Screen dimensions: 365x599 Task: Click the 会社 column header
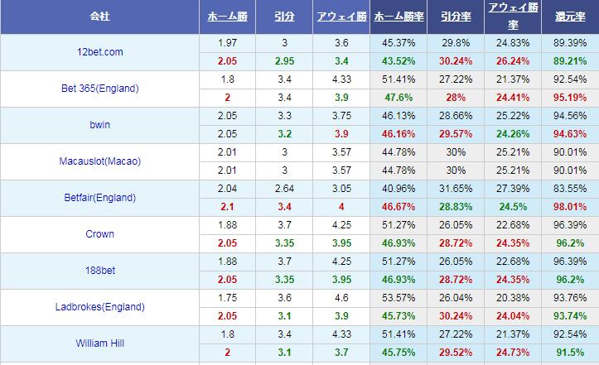click(x=99, y=17)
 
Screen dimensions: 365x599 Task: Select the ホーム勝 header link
click(x=227, y=17)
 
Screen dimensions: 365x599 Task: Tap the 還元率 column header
click(x=570, y=17)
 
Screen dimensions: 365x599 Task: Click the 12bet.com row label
click(x=99, y=52)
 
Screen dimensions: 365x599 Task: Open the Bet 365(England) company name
click(x=99, y=89)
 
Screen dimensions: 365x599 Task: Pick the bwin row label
click(x=99, y=125)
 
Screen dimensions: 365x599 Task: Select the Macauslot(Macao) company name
click(x=99, y=161)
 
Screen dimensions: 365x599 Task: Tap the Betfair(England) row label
click(x=99, y=198)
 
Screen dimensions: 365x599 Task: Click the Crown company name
click(x=99, y=234)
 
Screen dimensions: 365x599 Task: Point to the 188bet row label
click(x=99, y=271)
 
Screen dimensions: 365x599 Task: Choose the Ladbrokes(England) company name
click(x=99, y=307)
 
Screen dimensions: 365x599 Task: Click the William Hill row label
click(x=99, y=343)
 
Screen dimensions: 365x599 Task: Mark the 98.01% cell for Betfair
click(x=570, y=207)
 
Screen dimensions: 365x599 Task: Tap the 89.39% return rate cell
click(x=570, y=43)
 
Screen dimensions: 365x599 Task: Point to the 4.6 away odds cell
click(x=341, y=298)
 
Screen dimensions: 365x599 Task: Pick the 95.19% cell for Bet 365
click(x=570, y=98)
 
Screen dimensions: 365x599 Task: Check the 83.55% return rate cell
click(x=570, y=189)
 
